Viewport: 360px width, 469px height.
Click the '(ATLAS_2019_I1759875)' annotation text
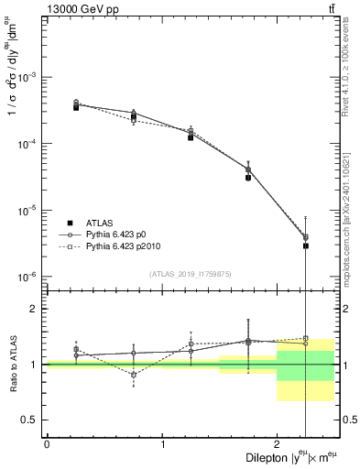[190, 273]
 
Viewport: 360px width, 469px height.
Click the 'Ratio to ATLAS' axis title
[12, 364]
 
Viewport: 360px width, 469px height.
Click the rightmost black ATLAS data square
[306, 245]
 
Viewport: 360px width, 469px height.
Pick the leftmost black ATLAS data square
[76, 107]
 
